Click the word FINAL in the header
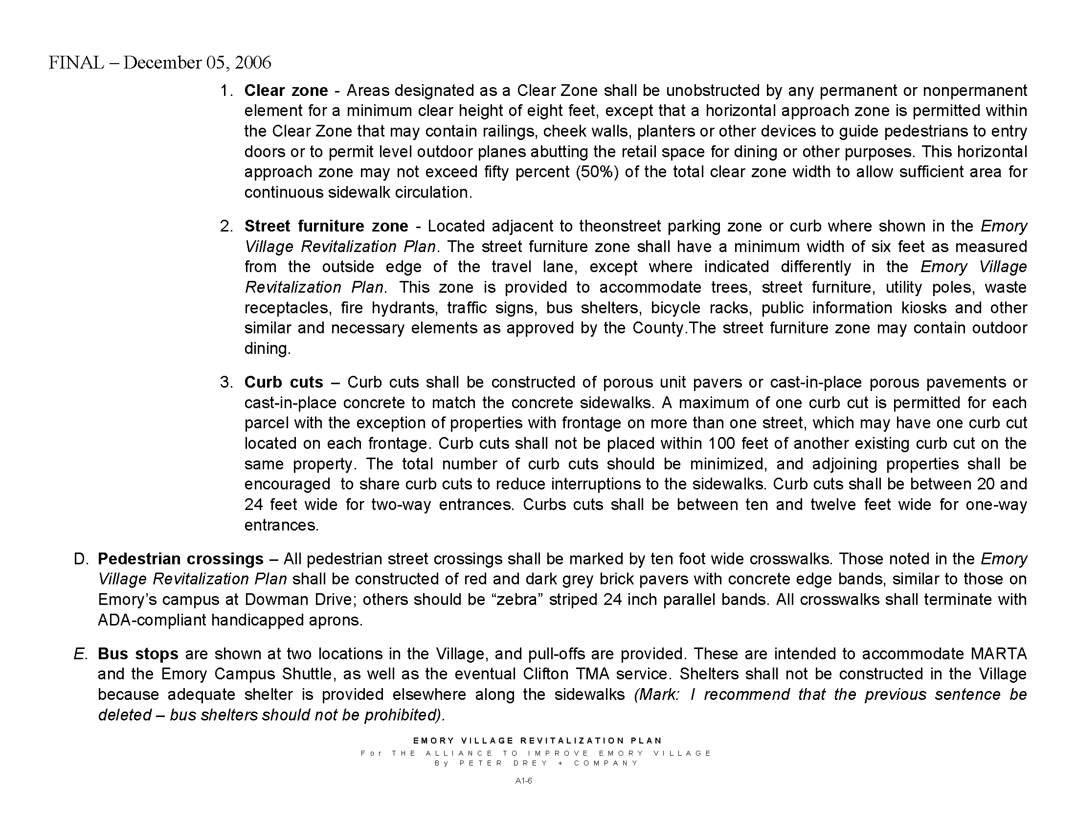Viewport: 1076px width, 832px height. point(76,63)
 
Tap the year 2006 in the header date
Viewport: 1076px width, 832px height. point(253,63)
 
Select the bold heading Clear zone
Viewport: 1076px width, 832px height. point(286,91)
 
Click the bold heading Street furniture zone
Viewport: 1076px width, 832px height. point(326,226)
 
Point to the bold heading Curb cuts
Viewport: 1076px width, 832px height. point(283,383)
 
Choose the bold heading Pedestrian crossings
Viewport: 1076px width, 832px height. point(180,559)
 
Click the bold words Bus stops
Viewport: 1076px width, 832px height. point(137,654)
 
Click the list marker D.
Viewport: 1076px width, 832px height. point(81,559)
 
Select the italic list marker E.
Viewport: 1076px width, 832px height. point(80,654)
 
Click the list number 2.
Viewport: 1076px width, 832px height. point(226,226)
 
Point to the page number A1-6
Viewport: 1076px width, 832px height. point(523,781)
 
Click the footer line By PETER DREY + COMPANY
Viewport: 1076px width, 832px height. point(537,763)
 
